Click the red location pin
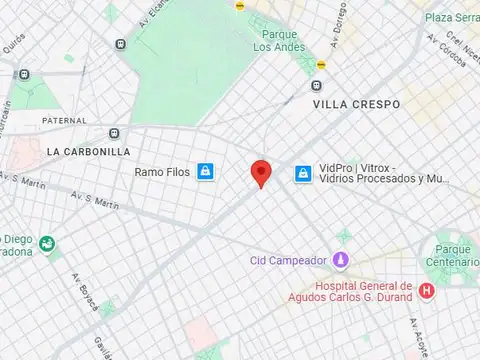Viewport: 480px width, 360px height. coord(261,172)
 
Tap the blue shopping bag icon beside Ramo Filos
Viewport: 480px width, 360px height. coord(205,172)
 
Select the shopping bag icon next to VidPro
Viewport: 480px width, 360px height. coord(302,174)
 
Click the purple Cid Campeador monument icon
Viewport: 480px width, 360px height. coord(341,260)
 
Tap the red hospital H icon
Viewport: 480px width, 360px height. coord(427,291)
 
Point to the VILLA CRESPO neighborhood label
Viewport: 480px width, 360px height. coord(356,104)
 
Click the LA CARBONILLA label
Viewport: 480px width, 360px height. coord(88,151)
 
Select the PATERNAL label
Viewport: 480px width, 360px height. coord(64,120)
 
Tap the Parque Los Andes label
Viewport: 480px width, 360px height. coord(272,40)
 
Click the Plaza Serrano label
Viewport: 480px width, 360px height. coord(451,18)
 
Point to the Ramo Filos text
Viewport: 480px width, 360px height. coord(162,172)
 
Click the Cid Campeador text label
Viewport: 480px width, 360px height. coord(288,261)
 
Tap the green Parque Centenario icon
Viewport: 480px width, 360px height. coord(445,244)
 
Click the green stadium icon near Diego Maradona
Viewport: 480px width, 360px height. coord(48,243)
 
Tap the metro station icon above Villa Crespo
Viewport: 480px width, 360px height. coord(317,86)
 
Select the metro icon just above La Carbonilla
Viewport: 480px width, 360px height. coord(114,132)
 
